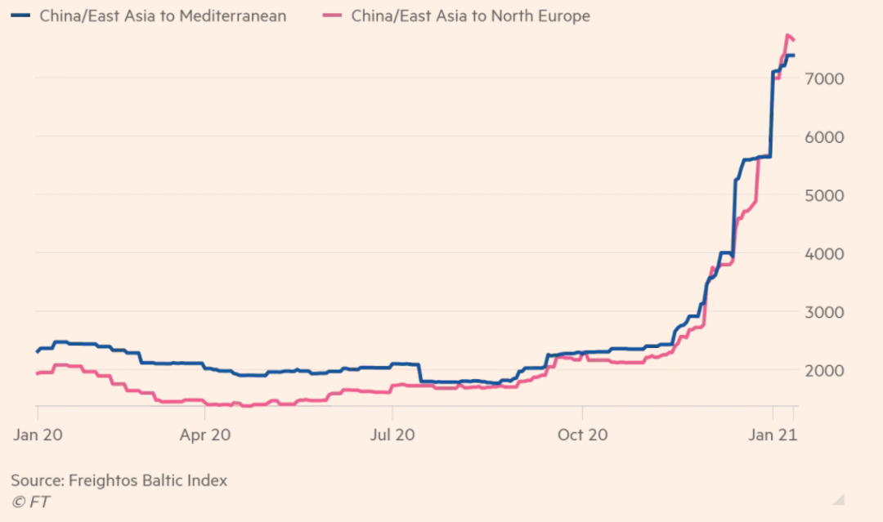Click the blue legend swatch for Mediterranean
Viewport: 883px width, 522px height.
(x=22, y=16)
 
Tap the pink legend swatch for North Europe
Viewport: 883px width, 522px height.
(x=334, y=16)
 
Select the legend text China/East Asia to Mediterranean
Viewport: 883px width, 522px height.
(x=163, y=16)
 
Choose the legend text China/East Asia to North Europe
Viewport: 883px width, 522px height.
(x=471, y=16)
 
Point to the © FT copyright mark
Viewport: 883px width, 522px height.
(x=30, y=502)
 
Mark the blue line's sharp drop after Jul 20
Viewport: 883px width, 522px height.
(x=420, y=373)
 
